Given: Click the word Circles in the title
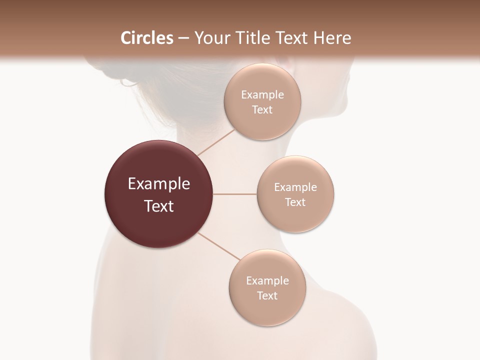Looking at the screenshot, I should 146,38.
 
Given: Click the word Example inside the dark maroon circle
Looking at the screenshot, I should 159,184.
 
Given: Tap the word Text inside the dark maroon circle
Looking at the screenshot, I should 159,206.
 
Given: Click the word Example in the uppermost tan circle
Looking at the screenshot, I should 262,95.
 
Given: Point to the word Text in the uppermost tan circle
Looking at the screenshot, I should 262,110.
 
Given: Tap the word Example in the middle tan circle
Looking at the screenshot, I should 295,187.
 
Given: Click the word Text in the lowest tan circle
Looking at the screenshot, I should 267,295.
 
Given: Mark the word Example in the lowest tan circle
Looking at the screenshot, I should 267,280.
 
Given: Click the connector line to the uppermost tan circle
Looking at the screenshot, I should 216,142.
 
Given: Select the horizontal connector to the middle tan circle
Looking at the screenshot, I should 235,194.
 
